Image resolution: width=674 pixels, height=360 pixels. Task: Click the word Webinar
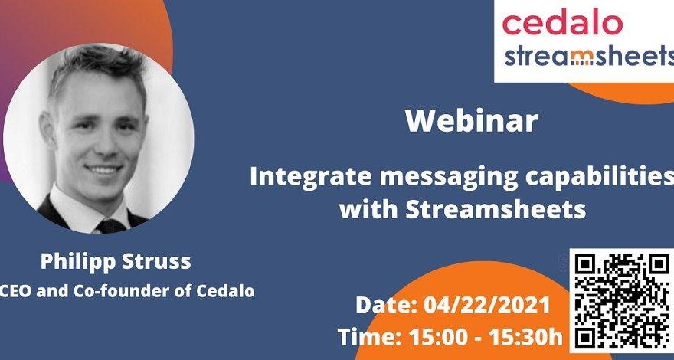point(472,121)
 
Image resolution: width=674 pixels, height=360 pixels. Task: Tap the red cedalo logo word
point(562,23)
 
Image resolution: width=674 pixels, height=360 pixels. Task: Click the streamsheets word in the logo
point(589,57)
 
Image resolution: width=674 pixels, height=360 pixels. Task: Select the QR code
point(623,300)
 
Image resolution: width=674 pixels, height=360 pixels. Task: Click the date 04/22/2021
point(487,306)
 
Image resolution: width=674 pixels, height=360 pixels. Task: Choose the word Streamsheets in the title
point(495,209)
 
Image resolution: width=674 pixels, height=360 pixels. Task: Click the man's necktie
point(112,225)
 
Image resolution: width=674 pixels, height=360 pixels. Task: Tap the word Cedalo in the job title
point(226,291)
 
